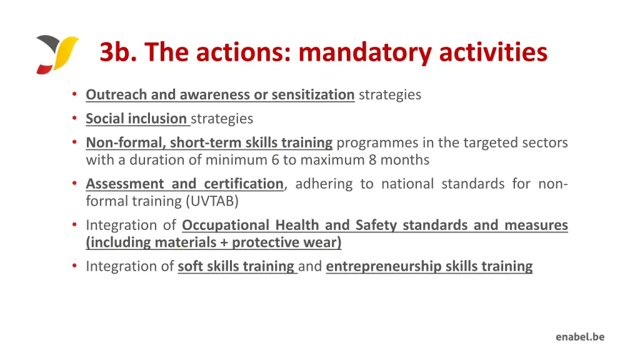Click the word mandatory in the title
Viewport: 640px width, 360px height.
pyautogui.click(x=365, y=52)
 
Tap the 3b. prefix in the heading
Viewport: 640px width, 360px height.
pyautogui.click(x=119, y=52)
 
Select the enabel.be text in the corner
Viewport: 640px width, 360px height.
pyautogui.click(x=580, y=337)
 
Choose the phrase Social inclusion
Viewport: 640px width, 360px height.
pyautogui.click(x=136, y=119)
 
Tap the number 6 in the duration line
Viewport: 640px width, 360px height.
pyautogui.click(x=275, y=160)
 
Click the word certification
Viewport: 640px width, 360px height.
pyautogui.click(x=244, y=184)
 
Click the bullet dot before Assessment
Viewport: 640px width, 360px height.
pyautogui.click(x=74, y=184)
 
